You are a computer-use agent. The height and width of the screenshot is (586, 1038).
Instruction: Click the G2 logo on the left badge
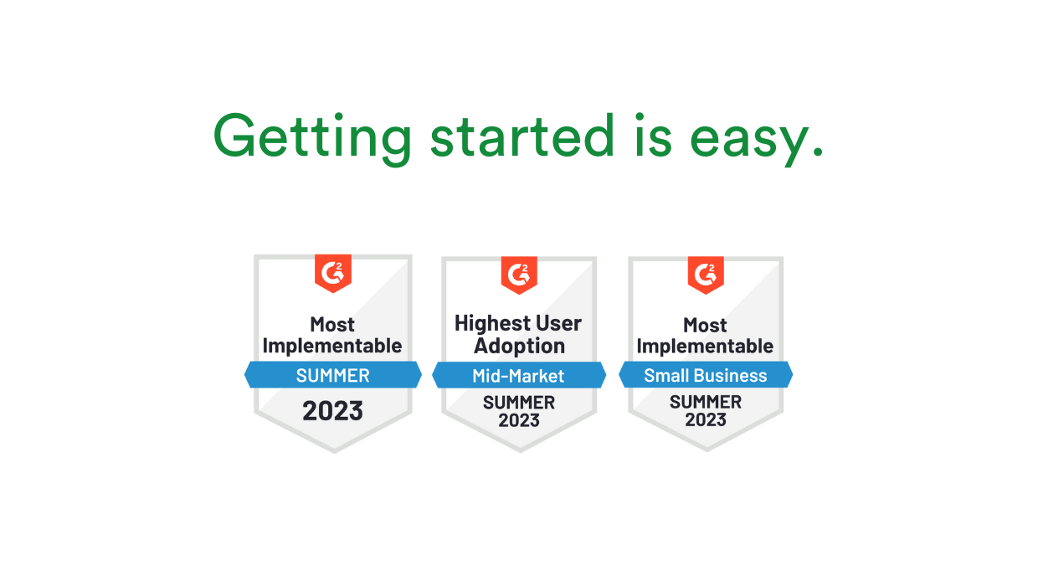[333, 272]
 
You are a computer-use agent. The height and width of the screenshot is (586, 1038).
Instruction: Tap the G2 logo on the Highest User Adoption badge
[519, 274]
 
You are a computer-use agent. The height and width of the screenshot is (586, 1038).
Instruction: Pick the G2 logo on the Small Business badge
[706, 274]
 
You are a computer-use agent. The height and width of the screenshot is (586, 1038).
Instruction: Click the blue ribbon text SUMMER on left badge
[332, 376]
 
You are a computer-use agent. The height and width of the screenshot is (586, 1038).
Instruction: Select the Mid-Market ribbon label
[518, 376]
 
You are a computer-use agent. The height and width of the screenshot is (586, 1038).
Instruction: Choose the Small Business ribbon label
[705, 376]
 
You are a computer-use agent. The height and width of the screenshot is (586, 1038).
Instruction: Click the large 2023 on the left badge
[332, 411]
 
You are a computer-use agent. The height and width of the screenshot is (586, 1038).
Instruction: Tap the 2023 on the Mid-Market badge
[519, 420]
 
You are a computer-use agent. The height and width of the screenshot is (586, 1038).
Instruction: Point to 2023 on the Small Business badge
[706, 420]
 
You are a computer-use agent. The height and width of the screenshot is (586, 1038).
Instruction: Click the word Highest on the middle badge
[492, 323]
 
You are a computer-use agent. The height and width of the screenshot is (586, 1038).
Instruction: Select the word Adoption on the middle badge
[519, 346]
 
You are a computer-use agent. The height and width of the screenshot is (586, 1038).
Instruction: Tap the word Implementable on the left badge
[332, 346]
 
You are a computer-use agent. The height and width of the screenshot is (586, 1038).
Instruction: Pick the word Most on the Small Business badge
[705, 325]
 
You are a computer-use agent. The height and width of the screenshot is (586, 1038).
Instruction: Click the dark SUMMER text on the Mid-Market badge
[519, 403]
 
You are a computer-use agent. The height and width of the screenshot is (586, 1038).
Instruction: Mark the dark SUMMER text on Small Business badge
[706, 403]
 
